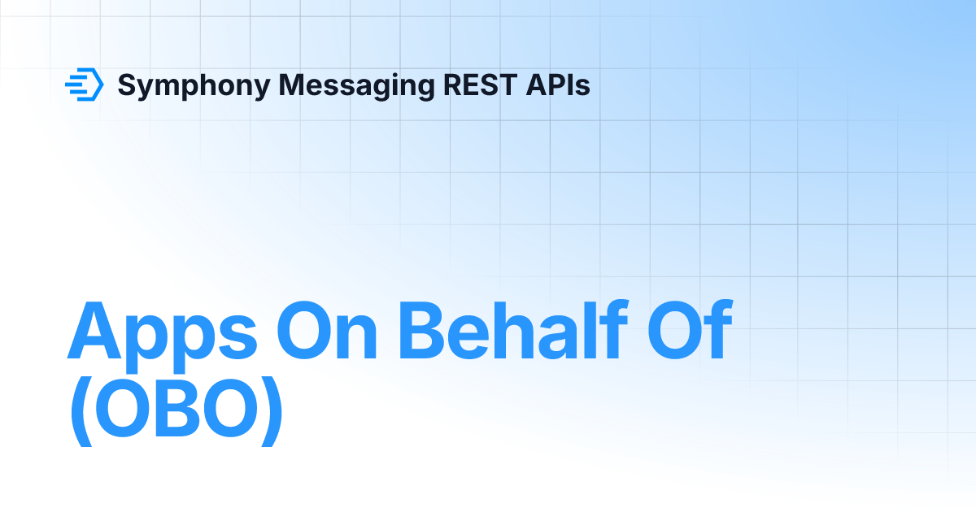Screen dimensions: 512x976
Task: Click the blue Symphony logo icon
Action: click(x=84, y=85)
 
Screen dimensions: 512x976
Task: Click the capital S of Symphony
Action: click(x=128, y=85)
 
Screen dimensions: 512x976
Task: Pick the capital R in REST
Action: click(x=453, y=85)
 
